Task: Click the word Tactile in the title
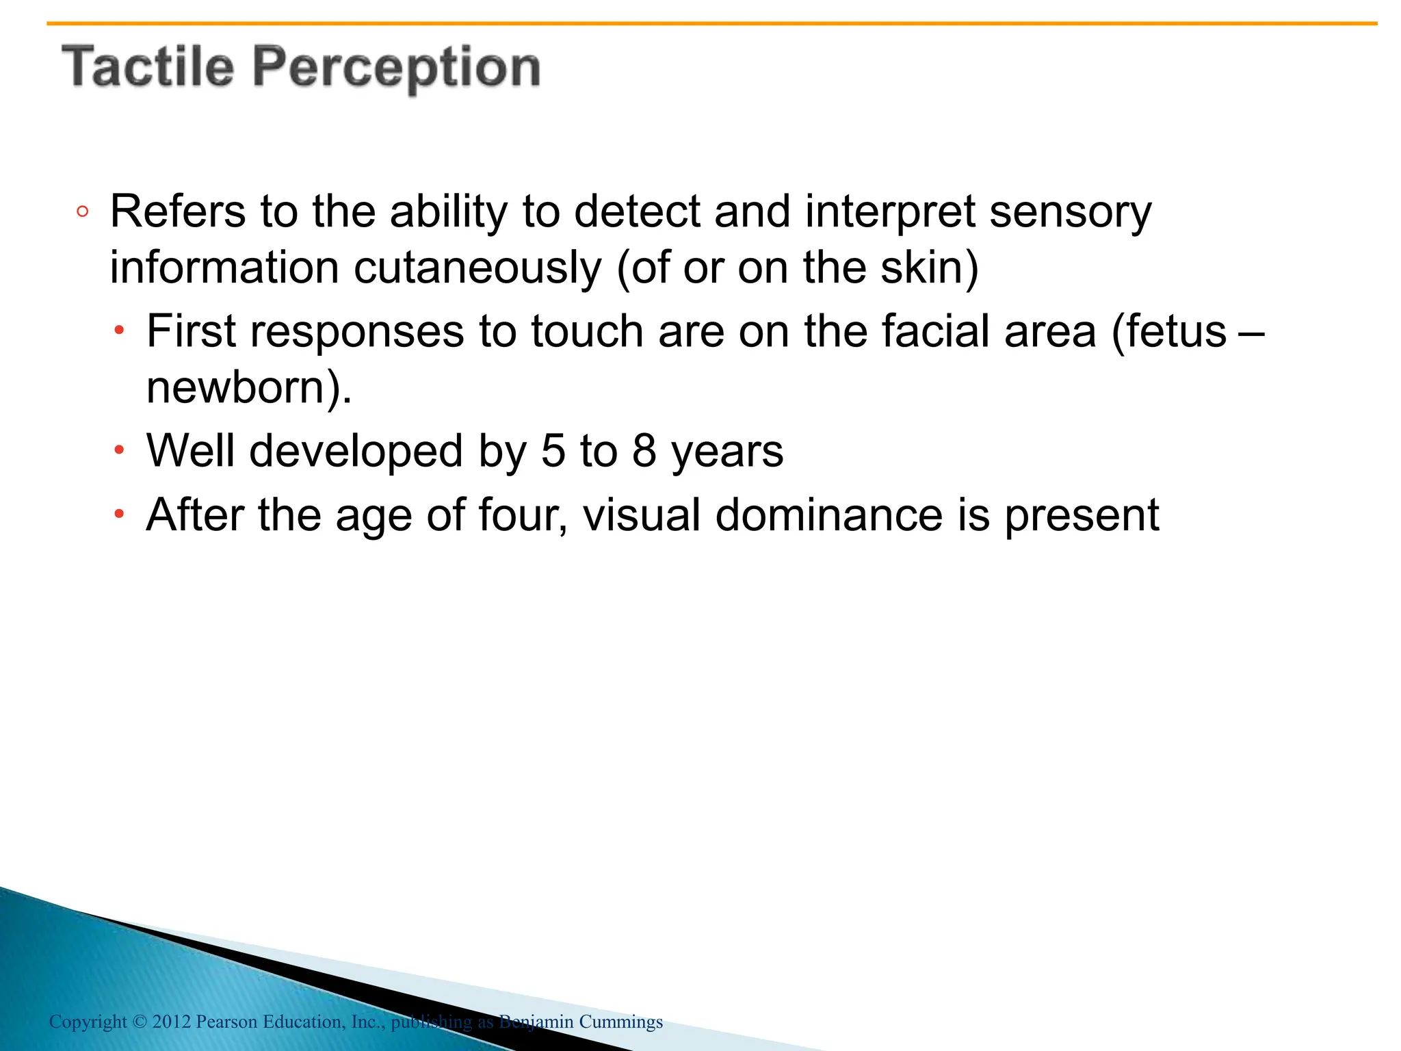[x=148, y=67]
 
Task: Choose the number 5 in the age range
[x=553, y=451]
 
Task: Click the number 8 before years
[x=644, y=451]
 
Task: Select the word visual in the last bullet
[x=641, y=515]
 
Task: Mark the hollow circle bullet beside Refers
[x=83, y=212]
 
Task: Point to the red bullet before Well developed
[x=120, y=451]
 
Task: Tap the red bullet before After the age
[x=120, y=515]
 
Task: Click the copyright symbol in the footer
[x=140, y=1022]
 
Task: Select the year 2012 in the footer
[x=171, y=1022]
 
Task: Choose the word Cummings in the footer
[x=620, y=1022]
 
